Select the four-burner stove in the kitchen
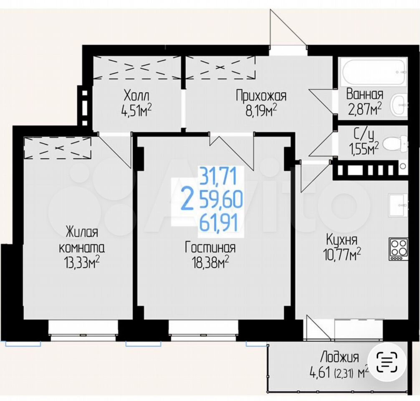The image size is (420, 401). point(399,249)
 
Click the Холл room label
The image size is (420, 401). point(137,96)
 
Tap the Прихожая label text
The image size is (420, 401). point(261,96)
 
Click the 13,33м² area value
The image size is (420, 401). point(82,263)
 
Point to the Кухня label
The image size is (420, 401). point(342,240)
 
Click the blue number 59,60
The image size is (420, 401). point(220,200)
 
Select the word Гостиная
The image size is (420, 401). point(210,248)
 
